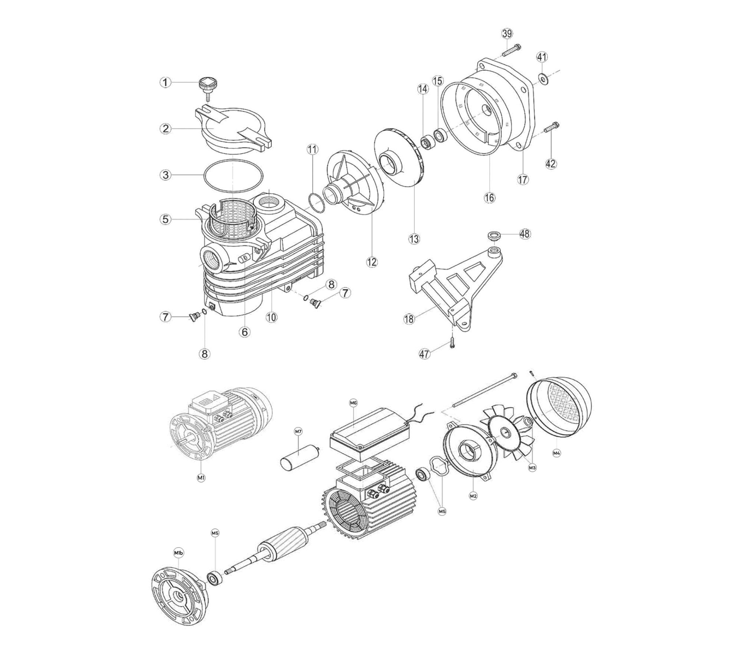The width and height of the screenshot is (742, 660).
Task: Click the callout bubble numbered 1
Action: pos(165,82)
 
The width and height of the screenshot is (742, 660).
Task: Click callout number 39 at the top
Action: pos(507,33)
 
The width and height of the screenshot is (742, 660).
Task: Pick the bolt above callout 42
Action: pos(552,127)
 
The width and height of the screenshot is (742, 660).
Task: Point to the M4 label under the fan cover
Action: pos(556,453)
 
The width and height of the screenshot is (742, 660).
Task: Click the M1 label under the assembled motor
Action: pos(201,478)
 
